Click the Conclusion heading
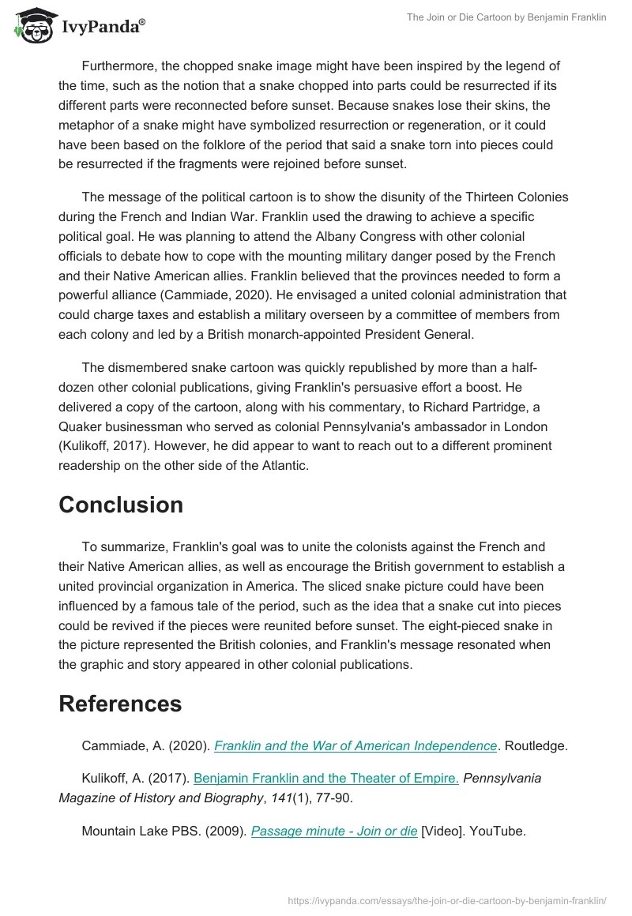(121, 505)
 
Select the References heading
(120, 703)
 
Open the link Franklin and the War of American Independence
(355, 745)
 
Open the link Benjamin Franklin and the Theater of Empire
(326, 778)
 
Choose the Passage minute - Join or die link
(334, 831)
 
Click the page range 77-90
(333, 798)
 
